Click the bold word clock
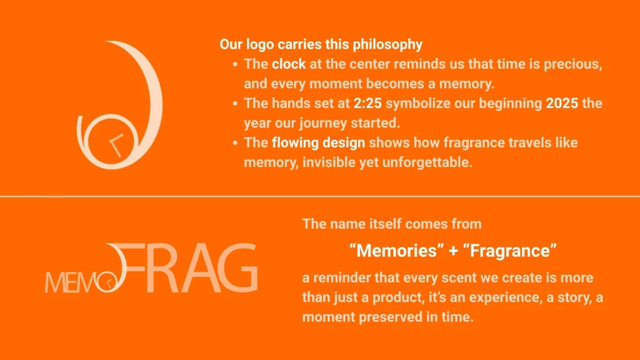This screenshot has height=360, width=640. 289,64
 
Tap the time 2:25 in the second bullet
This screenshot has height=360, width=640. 367,103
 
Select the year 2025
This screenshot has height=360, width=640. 562,103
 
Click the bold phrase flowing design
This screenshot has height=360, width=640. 318,143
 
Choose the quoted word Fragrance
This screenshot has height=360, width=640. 510,250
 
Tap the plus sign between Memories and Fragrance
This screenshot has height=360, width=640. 454,251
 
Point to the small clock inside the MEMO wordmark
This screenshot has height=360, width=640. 107,282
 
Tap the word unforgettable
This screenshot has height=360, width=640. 427,162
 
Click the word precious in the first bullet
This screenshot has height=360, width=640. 572,64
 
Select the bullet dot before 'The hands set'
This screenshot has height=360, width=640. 235,104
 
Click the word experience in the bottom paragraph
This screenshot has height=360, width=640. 504,297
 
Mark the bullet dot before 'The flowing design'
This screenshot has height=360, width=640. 235,143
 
